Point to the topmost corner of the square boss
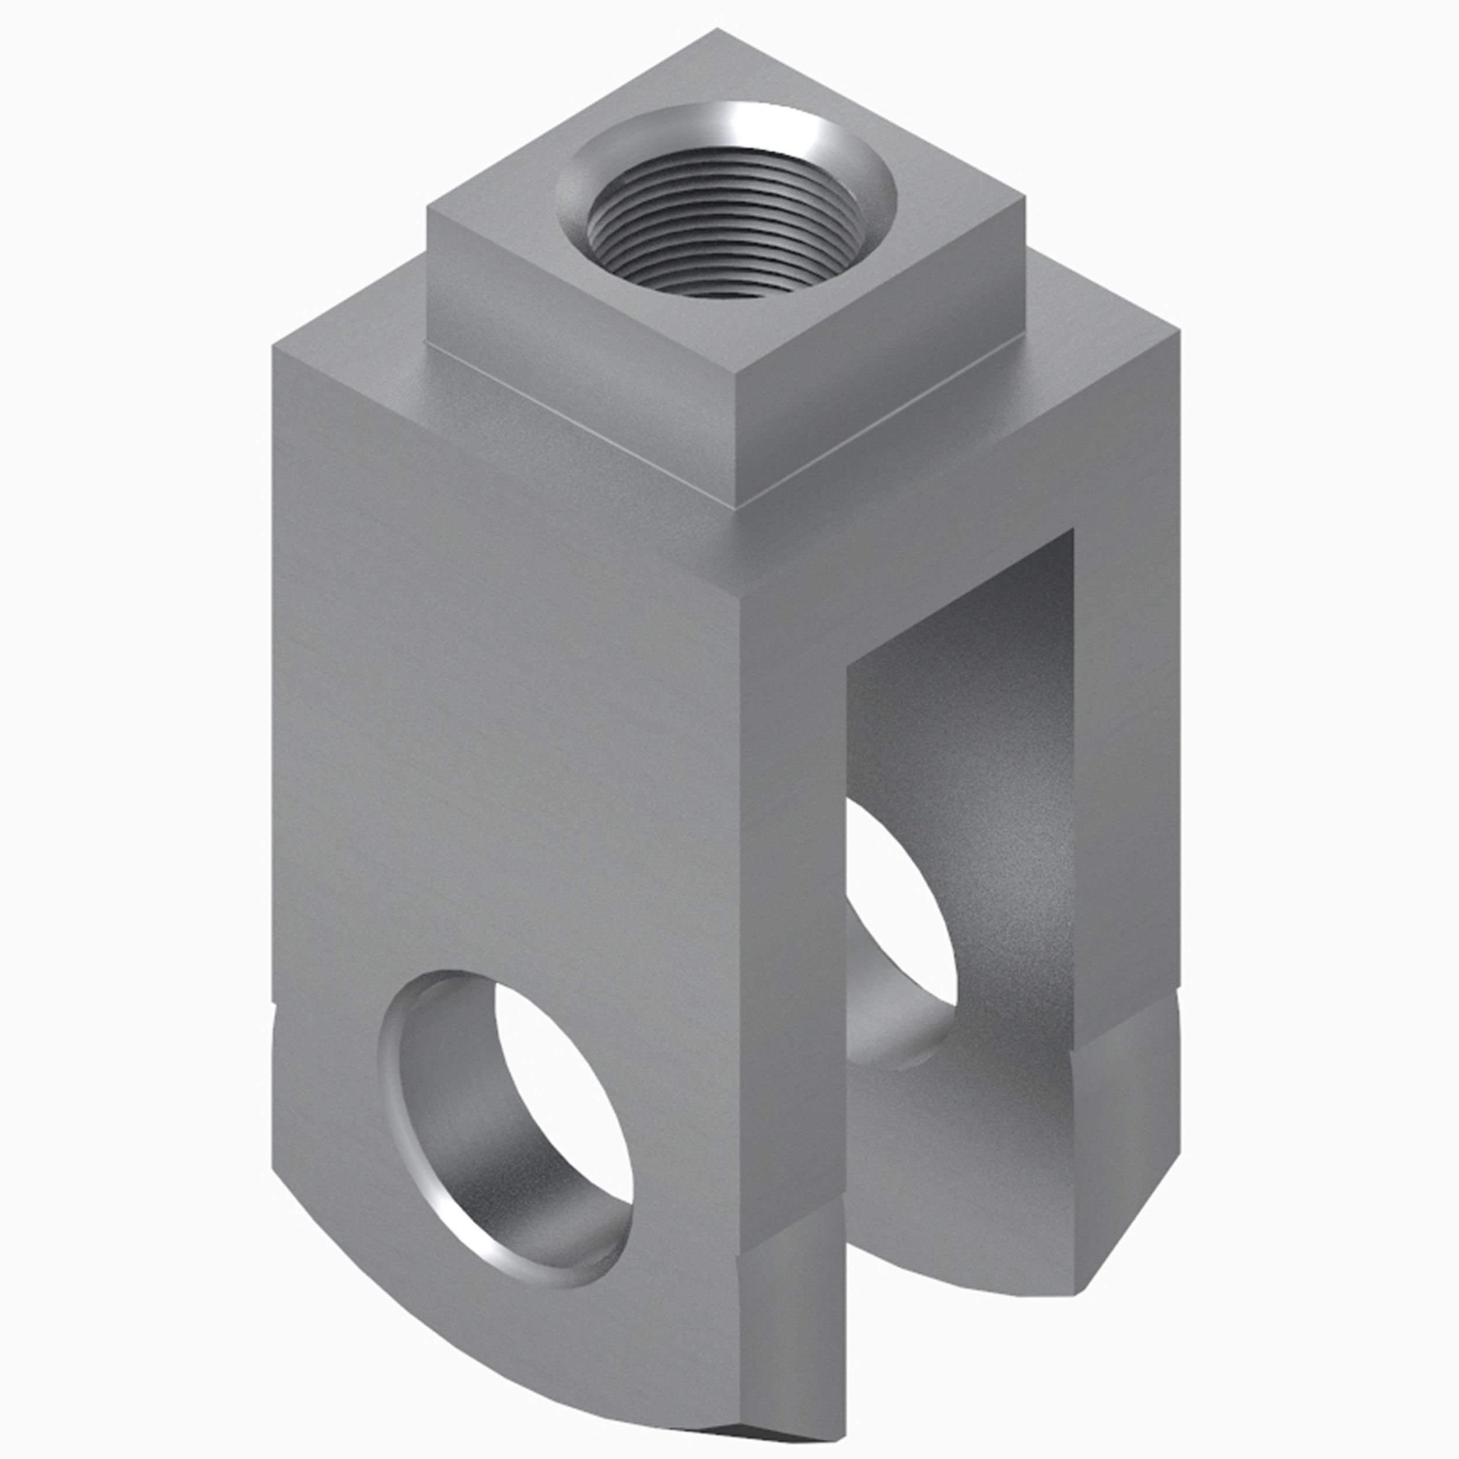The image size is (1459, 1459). [717, 30]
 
